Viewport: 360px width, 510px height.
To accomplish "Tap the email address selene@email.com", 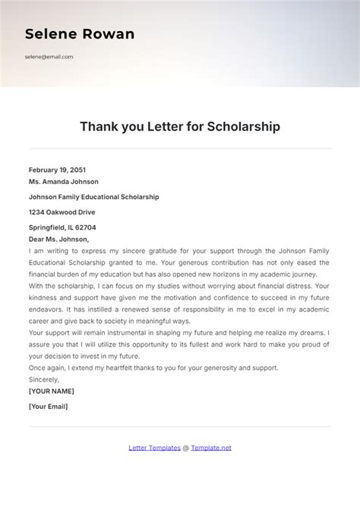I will [49, 57].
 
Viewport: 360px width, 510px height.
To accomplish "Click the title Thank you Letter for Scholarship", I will [180, 127].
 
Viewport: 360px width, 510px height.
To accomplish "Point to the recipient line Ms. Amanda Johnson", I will [63, 182].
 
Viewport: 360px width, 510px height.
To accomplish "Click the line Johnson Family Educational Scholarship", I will [93, 197].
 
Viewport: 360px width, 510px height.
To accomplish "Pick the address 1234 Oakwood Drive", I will [62, 212].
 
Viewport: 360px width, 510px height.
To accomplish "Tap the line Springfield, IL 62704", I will [62, 227].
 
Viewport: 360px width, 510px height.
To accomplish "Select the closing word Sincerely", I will [43, 379].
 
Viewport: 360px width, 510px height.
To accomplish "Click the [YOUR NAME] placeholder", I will [51, 391].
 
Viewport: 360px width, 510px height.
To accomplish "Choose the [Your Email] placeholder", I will [48, 406].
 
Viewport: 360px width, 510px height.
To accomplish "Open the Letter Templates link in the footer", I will [154, 448].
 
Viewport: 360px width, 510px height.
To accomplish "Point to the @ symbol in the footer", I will [185, 448].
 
